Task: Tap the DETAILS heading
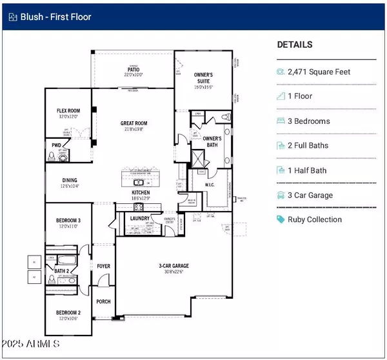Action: click(295, 45)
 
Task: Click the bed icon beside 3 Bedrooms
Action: click(281, 121)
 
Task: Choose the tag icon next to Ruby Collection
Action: click(281, 219)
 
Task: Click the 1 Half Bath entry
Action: click(312, 170)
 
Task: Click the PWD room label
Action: click(56, 146)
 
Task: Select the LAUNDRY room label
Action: click(140, 219)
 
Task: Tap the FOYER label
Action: click(103, 266)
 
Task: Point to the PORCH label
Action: click(103, 301)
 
